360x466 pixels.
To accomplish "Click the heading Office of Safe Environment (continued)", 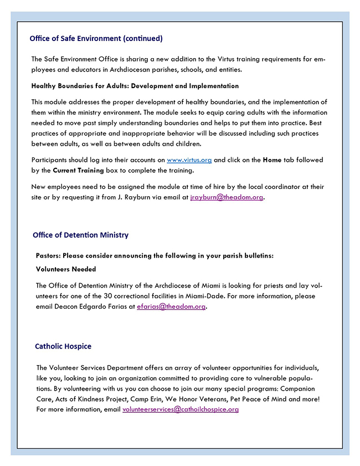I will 96,38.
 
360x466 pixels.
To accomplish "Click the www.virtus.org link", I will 189,160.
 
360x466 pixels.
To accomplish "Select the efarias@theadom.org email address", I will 171,306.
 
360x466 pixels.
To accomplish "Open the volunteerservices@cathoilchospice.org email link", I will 181,409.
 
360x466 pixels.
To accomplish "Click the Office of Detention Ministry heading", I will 80,235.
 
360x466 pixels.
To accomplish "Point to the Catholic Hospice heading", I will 63,346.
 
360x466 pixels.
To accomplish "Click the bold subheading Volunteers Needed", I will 66,269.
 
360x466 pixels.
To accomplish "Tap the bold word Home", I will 272,160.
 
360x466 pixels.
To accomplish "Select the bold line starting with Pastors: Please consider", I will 155,255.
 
